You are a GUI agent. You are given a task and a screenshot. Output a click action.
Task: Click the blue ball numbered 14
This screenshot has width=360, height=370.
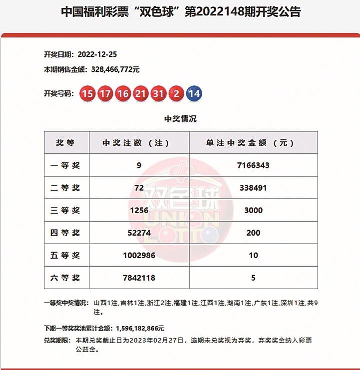click(194, 93)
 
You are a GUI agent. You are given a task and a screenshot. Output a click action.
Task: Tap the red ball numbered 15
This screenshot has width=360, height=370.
click(87, 93)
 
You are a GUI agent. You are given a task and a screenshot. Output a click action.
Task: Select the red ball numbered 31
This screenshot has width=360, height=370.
click(158, 93)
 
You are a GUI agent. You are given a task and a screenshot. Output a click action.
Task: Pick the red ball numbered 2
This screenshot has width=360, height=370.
click(176, 93)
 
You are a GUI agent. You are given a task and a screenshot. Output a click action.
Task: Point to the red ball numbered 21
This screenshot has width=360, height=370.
click(140, 93)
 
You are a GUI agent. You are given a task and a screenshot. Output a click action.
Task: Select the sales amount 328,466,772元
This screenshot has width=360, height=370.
click(115, 70)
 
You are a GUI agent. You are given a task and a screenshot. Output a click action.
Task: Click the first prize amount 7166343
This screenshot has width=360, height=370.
click(253, 165)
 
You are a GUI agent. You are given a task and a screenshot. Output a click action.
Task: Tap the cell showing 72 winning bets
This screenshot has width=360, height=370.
click(139, 188)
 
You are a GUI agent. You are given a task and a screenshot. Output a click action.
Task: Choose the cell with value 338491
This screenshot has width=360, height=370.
click(253, 188)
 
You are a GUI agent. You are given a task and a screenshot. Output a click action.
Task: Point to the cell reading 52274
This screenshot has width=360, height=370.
click(139, 233)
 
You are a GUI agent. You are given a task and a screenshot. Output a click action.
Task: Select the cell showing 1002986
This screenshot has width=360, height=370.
click(139, 255)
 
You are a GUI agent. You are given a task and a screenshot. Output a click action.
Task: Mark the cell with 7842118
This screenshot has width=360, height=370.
click(139, 278)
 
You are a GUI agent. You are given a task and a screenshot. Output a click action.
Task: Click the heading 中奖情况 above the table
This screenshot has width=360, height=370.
click(180, 119)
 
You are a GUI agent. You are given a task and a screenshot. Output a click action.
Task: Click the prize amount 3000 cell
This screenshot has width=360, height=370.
click(253, 210)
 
